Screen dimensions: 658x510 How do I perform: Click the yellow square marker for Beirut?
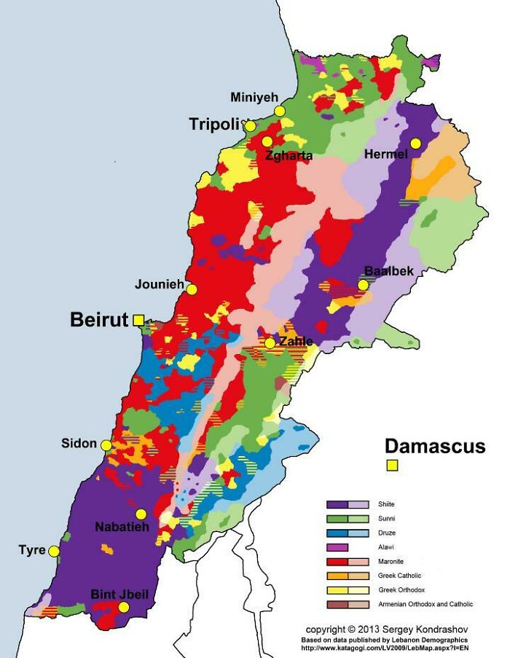(138, 319)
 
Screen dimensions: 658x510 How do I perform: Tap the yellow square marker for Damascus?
(392, 466)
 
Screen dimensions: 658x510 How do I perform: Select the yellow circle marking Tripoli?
(250, 126)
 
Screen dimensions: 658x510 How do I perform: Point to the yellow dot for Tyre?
(53, 551)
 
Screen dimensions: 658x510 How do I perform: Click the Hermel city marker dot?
(415, 144)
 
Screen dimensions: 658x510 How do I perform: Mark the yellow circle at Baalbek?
(363, 285)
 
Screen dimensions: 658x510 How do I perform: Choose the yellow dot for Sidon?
(106, 444)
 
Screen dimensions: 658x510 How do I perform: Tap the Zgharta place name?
(289, 155)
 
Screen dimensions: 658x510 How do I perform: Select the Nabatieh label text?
(122, 527)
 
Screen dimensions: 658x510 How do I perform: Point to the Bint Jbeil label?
(119, 595)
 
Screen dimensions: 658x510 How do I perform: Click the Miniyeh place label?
(254, 98)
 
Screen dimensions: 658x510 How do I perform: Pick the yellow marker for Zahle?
(270, 342)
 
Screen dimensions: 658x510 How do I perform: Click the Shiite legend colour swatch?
(348, 504)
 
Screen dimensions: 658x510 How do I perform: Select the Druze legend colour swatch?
(348, 533)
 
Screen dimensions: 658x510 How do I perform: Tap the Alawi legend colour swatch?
(337, 547)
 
